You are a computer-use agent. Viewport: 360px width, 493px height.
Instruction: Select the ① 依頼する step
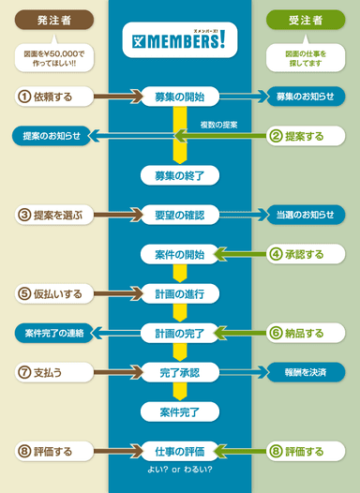(54, 96)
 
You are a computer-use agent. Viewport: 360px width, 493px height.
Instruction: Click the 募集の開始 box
(180, 96)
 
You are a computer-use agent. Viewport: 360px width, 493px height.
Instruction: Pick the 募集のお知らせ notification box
(305, 96)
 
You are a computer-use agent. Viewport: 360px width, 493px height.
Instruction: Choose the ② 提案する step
(306, 136)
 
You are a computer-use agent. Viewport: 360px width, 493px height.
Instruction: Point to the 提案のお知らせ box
(54, 136)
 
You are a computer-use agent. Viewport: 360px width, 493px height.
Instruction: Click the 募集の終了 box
(180, 175)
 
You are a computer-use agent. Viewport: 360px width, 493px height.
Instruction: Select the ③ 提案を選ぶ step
(54, 215)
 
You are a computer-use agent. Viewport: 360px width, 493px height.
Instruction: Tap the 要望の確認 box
(180, 215)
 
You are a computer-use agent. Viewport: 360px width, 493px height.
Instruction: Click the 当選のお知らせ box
(305, 215)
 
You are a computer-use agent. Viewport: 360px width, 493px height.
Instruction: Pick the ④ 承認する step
(306, 254)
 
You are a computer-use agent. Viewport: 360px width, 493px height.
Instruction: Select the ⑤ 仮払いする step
(54, 293)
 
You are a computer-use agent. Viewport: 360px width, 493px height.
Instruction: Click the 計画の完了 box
(180, 333)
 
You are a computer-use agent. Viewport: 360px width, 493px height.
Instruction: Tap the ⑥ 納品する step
(306, 333)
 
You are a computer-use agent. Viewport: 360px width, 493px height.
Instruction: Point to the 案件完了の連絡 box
(54, 333)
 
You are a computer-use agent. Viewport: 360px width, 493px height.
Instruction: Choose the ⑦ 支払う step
(54, 372)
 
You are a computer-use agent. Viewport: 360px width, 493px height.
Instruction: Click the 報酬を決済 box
(305, 372)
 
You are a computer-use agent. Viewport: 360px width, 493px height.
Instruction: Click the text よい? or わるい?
(180, 469)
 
